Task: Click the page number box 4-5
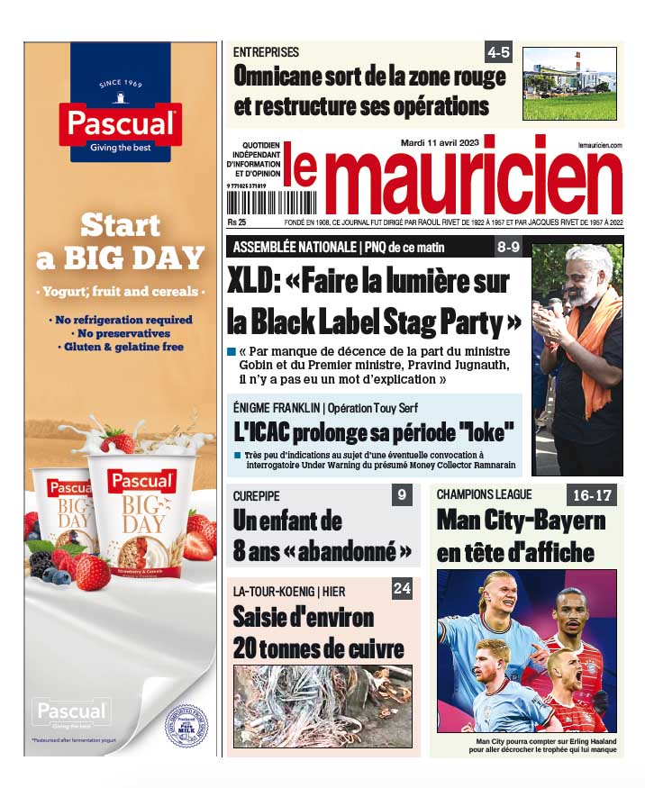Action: click(498, 51)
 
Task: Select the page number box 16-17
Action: click(591, 494)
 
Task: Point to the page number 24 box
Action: click(402, 589)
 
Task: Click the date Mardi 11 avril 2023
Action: click(440, 142)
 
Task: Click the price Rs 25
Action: click(238, 222)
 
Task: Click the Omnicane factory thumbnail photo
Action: click(569, 71)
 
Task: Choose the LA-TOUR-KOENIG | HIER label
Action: click(288, 591)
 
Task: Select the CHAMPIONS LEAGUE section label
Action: click(485, 494)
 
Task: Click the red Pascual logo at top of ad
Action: click(120, 122)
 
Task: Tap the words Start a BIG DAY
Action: click(121, 241)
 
